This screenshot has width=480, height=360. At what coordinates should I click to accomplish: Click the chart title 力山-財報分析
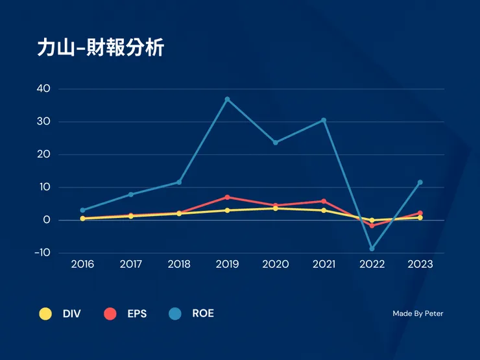click(x=101, y=49)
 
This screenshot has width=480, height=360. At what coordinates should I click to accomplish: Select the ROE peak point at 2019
click(x=227, y=99)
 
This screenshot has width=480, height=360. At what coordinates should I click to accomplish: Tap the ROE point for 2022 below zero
click(x=372, y=248)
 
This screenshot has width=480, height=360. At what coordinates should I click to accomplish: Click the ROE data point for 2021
click(x=324, y=120)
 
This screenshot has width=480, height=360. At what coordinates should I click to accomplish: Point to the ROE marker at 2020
click(x=275, y=142)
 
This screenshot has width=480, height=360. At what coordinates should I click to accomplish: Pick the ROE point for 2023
click(x=420, y=182)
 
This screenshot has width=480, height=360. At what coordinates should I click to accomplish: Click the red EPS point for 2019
click(x=227, y=197)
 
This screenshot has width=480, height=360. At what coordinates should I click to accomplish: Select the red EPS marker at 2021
click(x=324, y=201)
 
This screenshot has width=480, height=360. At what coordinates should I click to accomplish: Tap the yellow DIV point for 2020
click(x=275, y=208)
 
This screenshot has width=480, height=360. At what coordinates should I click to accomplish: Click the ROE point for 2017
click(x=130, y=195)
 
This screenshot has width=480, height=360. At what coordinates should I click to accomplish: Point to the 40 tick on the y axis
click(x=43, y=89)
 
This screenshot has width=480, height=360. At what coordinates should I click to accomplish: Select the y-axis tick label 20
click(x=43, y=154)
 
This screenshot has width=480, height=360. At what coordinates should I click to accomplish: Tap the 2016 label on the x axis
click(x=82, y=265)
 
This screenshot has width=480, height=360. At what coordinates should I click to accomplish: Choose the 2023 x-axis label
click(x=420, y=265)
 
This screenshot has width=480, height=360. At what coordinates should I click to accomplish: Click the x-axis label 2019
click(x=227, y=265)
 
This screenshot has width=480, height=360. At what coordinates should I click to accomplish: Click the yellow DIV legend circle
click(x=45, y=314)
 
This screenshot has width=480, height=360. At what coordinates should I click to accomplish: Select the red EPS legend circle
click(x=110, y=314)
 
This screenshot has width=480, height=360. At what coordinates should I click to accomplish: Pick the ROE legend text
click(x=203, y=314)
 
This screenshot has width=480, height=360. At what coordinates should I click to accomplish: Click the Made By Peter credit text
click(x=418, y=314)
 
